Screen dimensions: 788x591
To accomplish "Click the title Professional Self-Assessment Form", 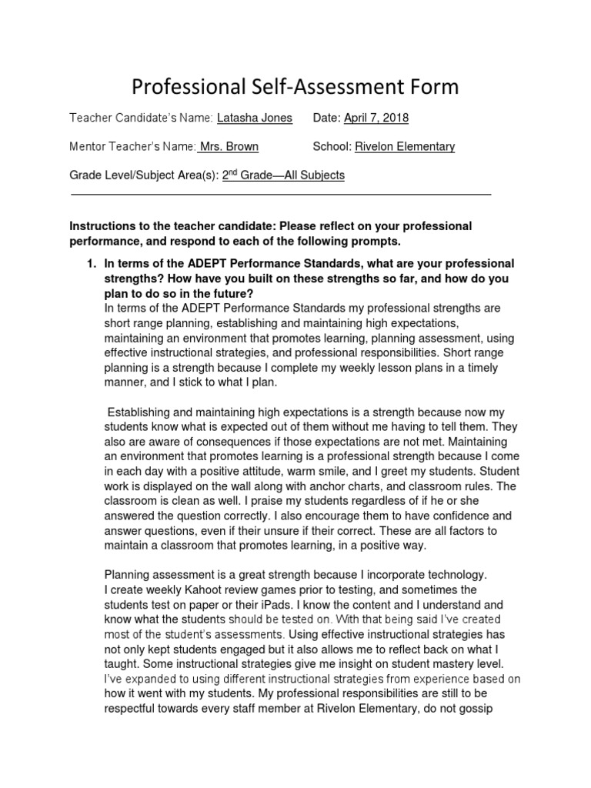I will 295,87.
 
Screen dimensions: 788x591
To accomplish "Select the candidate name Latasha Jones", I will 254,118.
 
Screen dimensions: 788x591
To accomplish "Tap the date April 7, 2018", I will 376,118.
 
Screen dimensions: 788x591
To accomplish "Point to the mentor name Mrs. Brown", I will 229,146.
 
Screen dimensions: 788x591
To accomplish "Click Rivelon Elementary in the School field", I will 406,146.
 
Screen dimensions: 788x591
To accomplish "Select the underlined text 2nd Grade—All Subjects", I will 283,175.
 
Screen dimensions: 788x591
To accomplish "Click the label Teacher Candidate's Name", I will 141,118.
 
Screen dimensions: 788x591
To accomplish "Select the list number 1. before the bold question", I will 90,264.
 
